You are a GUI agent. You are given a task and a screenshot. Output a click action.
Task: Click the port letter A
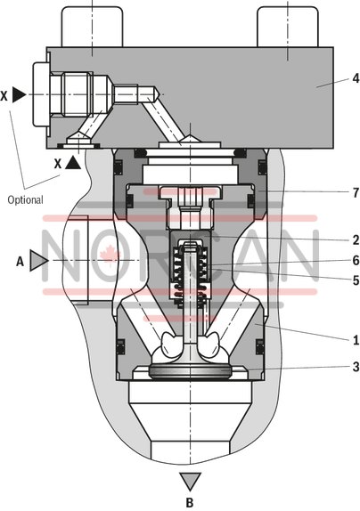point(20,261)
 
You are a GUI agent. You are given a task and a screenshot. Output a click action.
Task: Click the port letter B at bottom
point(189,503)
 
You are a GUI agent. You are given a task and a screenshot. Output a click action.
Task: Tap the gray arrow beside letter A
point(38,260)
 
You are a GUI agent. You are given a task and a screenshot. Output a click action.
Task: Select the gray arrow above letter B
point(189,483)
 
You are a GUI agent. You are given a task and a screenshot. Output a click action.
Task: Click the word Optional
point(25,199)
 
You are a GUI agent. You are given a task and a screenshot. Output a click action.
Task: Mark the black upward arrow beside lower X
point(73,163)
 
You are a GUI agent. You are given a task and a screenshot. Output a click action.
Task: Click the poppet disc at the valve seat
point(188,371)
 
